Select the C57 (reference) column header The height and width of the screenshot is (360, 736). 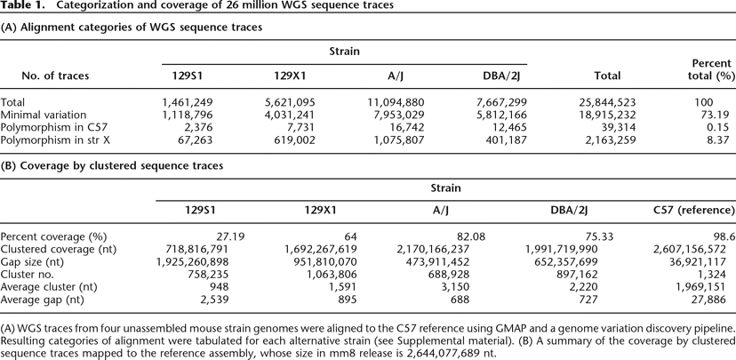pyautogui.click(x=692, y=212)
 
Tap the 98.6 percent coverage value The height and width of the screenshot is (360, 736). pyautogui.click(x=722, y=237)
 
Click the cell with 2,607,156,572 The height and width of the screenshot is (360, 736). pyautogui.click(x=691, y=250)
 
